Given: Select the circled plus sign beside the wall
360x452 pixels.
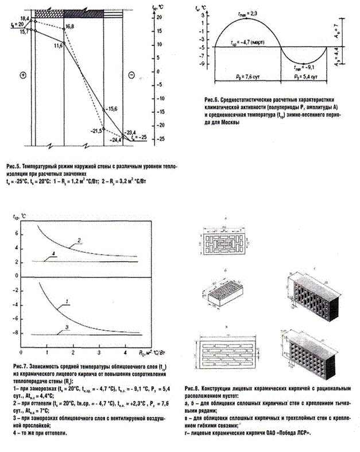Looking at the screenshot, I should pyautogui.click(x=24, y=76).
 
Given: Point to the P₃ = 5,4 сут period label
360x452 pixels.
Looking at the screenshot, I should pyautogui.click(x=303, y=75).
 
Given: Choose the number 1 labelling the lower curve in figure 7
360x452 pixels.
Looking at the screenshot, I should pyautogui.click(x=67, y=300).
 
